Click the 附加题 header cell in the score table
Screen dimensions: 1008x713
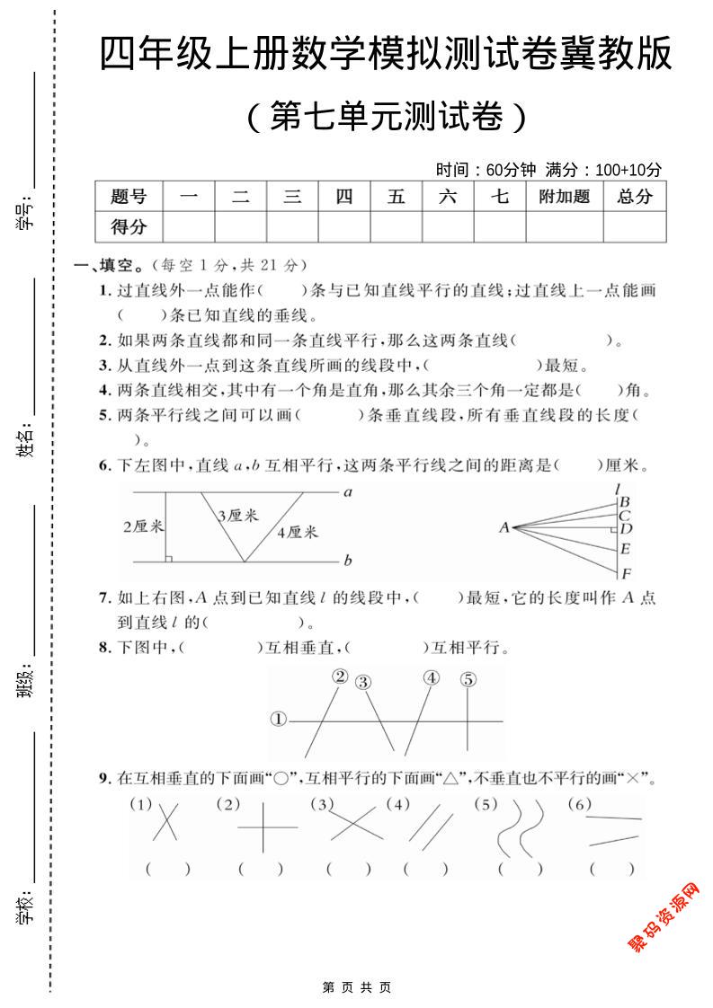tap(564, 197)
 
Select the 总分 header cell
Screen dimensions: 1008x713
tap(635, 197)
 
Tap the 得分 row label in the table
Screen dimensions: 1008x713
tap(129, 226)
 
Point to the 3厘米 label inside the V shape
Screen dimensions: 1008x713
tap(237, 516)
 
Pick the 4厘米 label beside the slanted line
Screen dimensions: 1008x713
tap(298, 532)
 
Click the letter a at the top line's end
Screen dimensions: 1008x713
tap(347, 491)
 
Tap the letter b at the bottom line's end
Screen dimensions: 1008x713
tap(347, 561)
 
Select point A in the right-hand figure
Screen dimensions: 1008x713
tap(504, 527)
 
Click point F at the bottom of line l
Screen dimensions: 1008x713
tap(626, 573)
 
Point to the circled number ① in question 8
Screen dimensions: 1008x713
tap(279, 719)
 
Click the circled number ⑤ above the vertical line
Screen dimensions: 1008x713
tap(468, 680)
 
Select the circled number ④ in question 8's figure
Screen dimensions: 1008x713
tap(432, 678)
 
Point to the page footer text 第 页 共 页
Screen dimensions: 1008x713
tap(356, 987)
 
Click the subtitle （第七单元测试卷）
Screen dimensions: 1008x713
tap(385, 116)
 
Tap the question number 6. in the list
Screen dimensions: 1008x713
tap(104, 465)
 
